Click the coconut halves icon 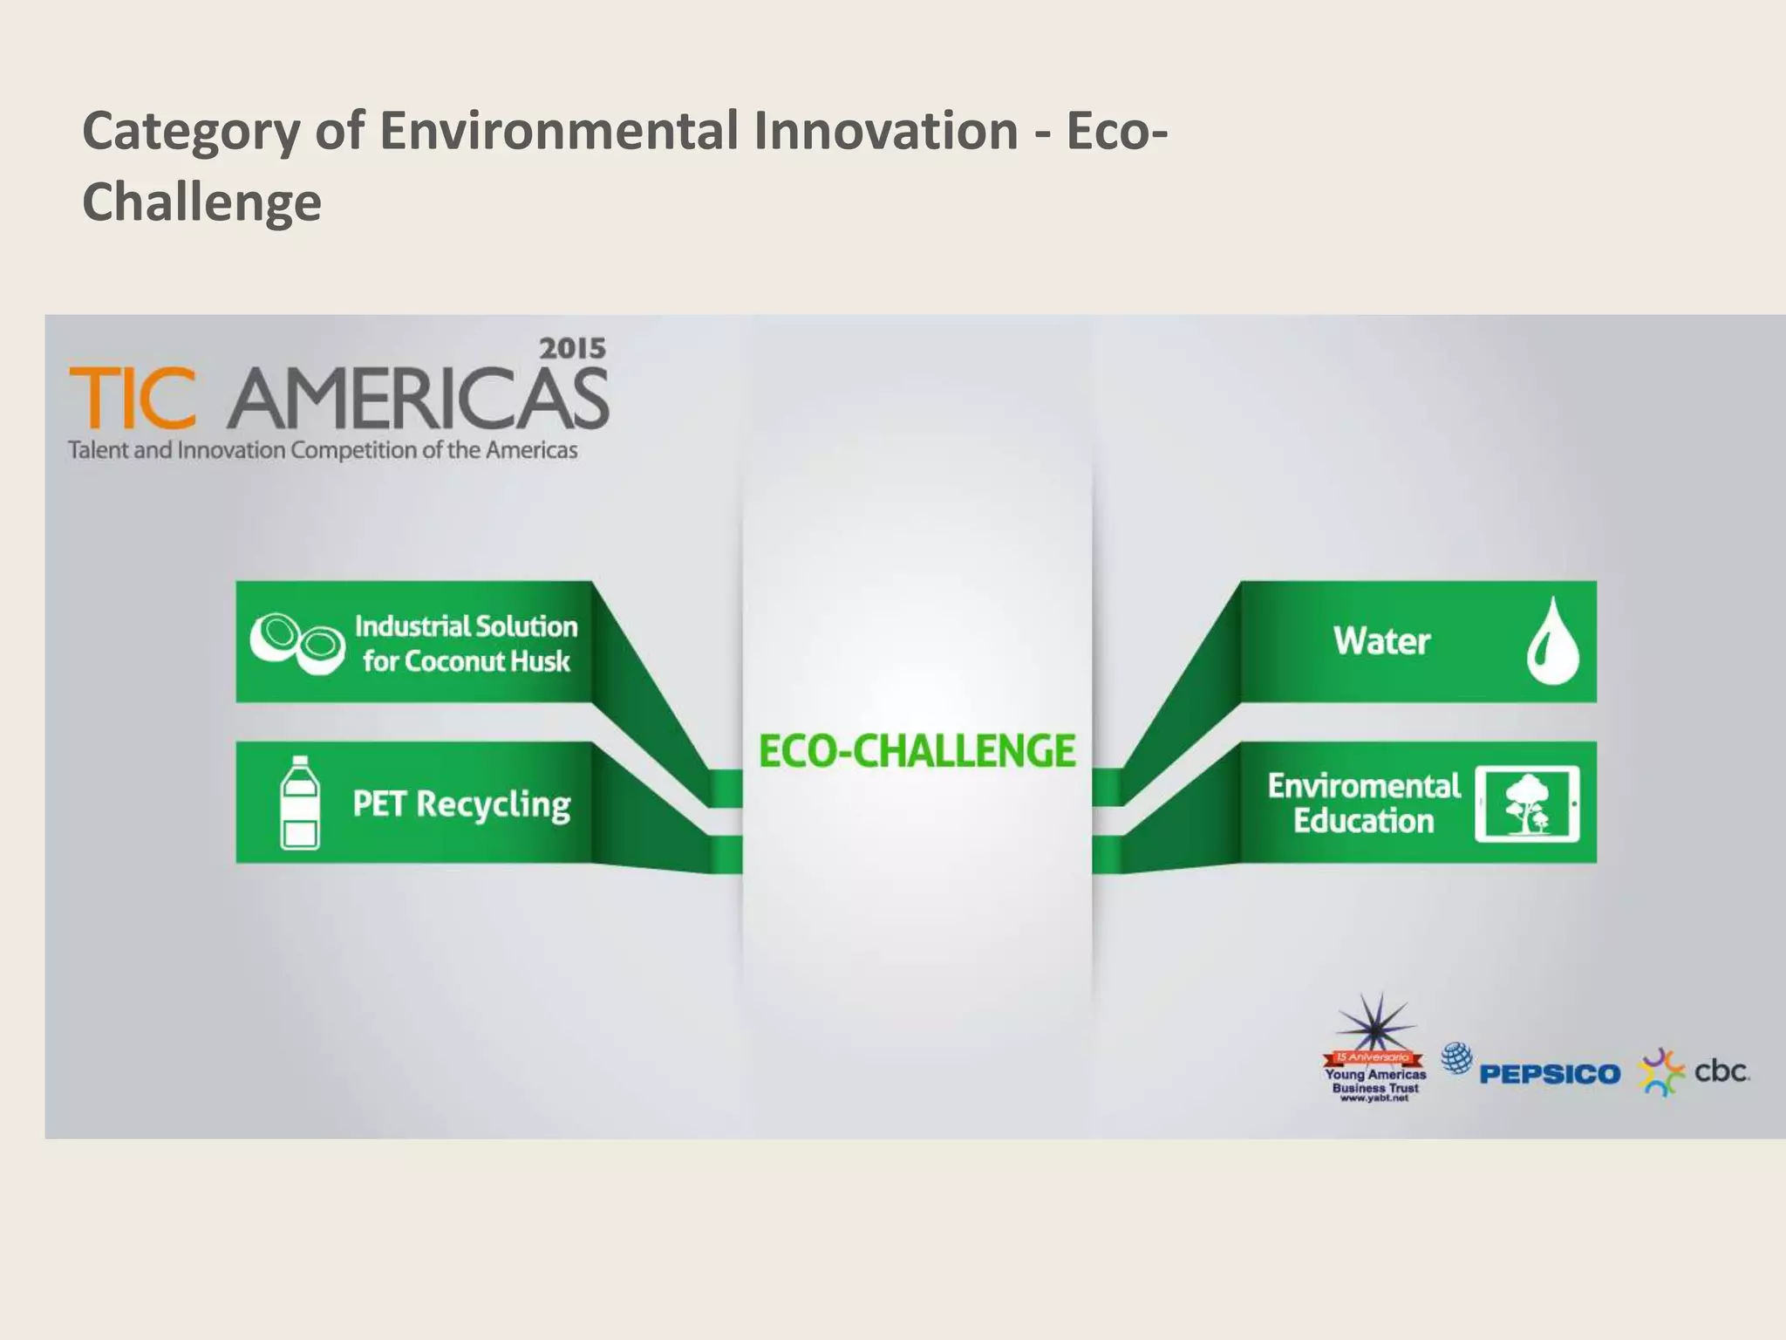point(297,642)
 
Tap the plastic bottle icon point(299,803)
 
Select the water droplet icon point(1552,641)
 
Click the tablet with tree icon point(1526,803)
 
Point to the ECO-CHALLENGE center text point(917,751)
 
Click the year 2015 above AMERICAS point(572,349)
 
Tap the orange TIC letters point(133,398)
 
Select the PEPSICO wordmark point(1550,1074)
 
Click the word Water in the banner point(1381,641)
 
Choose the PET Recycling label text point(461,803)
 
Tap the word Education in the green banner point(1363,821)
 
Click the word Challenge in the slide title point(201,202)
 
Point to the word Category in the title point(190,131)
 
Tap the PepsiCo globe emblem point(1456,1058)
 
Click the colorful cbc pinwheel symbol point(1662,1072)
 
